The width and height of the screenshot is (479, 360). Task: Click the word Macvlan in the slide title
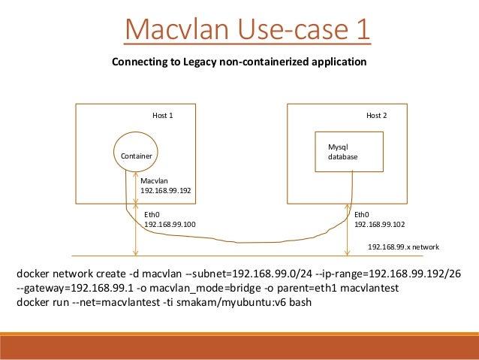(x=170, y=31)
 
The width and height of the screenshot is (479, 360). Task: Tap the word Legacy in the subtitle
(x=198, y=62)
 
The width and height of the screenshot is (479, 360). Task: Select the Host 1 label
(x=163, y=116)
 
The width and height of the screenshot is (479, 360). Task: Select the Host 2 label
(x=376, y=116)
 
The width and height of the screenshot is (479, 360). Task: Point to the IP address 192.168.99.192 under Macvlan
(x=166, y=190)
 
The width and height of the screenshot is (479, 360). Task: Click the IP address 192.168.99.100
(x=169, y=224)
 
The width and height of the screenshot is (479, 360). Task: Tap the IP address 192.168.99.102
(x=379, y=224)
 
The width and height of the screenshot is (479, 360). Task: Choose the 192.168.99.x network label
(x=403, y=247)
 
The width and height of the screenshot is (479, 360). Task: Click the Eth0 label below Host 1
(x=152, y=214)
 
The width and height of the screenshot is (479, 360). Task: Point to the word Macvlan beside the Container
(x=155, y=180)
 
